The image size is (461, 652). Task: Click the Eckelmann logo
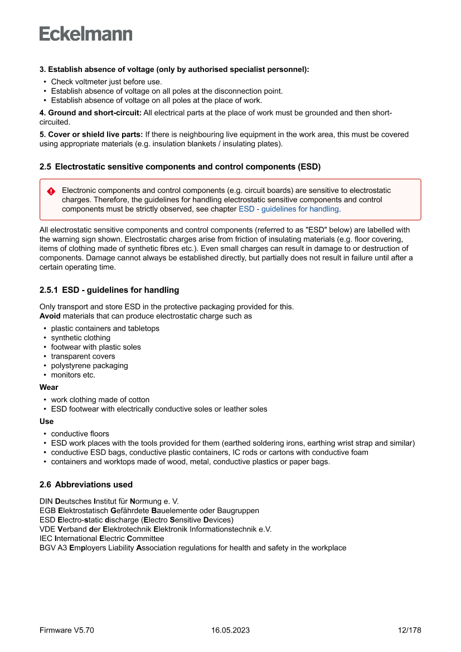[x=86, y=34]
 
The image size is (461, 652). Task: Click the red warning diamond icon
[x=51, y=191]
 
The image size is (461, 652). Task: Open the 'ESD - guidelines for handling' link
[x=289, y=209]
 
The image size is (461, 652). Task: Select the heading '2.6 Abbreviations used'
[x=86, y=485]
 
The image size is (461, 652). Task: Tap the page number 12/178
[x=410, y=630]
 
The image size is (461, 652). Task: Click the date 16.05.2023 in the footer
[x=230, y=630]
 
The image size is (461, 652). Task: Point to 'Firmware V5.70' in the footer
[x=67, y=630]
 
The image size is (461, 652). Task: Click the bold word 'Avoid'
[x=50, y=316]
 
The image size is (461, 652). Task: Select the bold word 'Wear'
[x=49, y=387]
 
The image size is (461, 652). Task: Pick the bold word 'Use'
[x=46, y=422]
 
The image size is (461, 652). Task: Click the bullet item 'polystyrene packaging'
[x=89, y=366]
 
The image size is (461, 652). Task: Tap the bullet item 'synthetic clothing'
[x=81, y=338]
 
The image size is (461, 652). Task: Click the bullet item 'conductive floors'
[x=80, y=434]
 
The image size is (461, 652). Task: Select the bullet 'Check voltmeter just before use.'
[x=106, y=82]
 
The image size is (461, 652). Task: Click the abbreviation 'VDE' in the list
[x=47, y=529]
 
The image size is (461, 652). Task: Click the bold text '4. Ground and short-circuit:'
[x=90, y=113]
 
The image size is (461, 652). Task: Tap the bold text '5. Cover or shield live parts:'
[x=91, y=134]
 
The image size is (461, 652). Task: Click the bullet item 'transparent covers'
[x=83, y=356]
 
